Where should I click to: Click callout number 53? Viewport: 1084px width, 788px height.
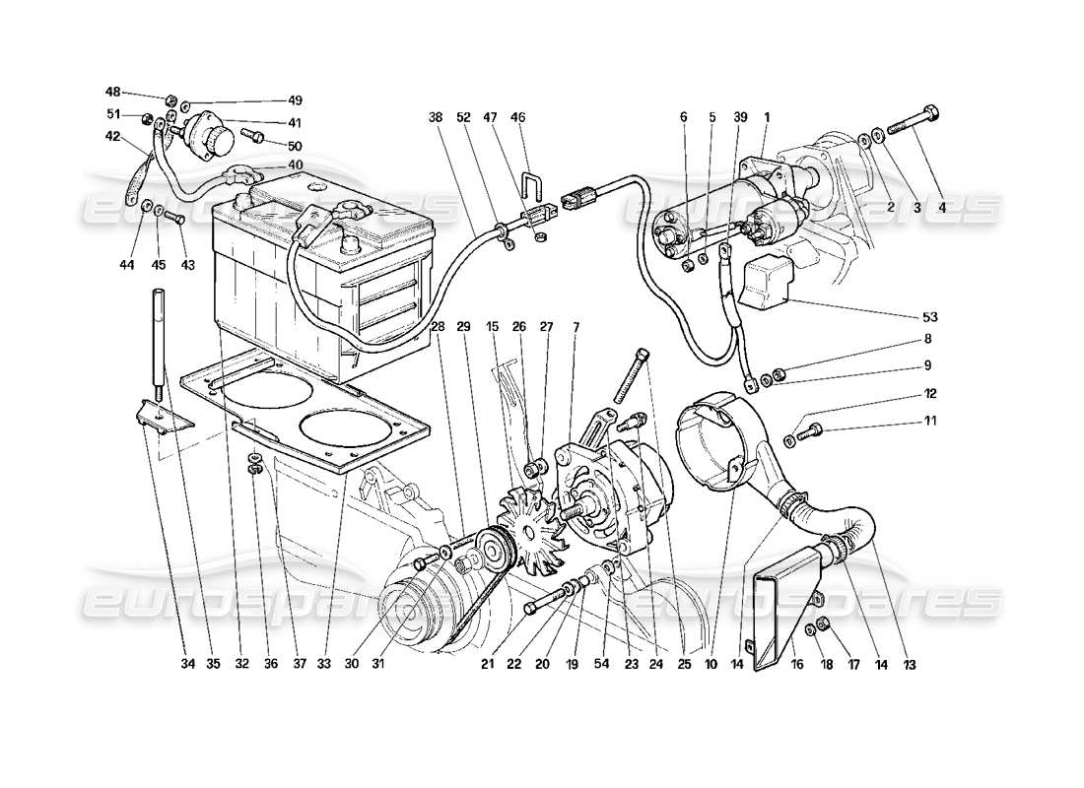click(x=930, y=317)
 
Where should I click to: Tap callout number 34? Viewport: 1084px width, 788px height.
click(x=188, y=664)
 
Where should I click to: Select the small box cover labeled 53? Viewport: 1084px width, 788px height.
click(x=774, y=281)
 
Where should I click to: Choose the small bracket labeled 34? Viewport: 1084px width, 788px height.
click(x=159, y=417)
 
